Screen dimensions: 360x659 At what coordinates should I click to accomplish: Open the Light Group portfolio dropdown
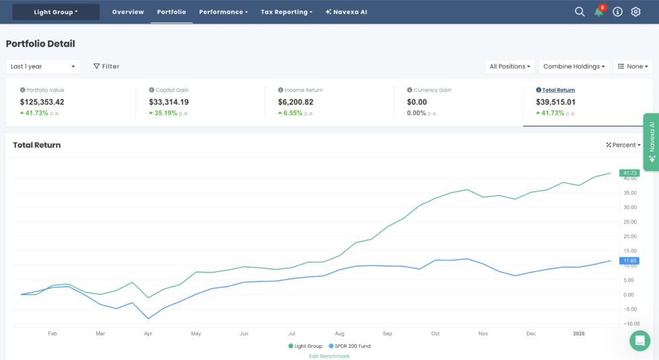coord(56,12)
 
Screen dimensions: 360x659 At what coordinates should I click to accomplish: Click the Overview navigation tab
coord(128,12)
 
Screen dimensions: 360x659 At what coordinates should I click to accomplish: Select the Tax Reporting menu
coord(286,12)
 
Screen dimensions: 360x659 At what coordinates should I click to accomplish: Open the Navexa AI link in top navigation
coord(346,12)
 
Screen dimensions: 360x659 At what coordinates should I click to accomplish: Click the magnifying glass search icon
coord(580,11)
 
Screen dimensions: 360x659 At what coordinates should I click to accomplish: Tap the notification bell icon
coord(598,12)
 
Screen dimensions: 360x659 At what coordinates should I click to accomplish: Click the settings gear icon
coord(635,11)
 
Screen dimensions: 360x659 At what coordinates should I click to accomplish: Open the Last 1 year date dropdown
coord(43,67)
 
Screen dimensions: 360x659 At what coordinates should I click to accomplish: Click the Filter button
coord(106,67)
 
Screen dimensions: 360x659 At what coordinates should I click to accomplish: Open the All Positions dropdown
coord(510,67)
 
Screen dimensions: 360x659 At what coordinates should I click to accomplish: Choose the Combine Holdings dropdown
coord(575,67)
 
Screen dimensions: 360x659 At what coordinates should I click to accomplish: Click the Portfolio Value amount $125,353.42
coord(42,102)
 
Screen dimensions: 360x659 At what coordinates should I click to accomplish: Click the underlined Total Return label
coord(559,90)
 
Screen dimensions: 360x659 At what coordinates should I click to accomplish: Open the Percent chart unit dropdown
coord(623,145)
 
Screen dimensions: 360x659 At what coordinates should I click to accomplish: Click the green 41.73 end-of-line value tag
coord(629,173)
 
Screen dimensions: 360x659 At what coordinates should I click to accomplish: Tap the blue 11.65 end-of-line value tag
coord(629,260)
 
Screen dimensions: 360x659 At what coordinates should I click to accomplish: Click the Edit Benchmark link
coord(329,356)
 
